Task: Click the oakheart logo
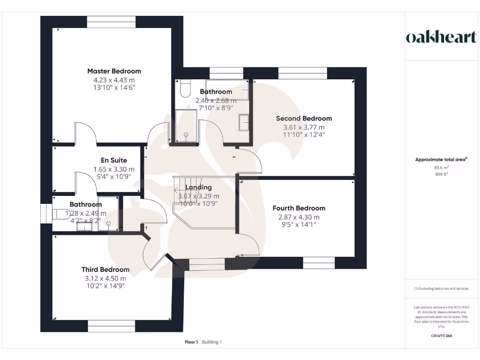[x=441, y=37]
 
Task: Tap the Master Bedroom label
[x=114, y=71]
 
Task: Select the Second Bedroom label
[x=304, y=119]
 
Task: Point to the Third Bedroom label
[x=105, y=270]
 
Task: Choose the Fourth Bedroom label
[x=299, y=208]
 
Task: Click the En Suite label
[x=114, y=160]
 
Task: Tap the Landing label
[x=198, y=187]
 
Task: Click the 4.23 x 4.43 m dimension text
[x=114, y=80]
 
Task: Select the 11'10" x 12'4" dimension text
[x=304, y=135]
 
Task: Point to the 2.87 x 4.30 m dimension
[x=299, y=217]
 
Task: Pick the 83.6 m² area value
[x=441, y=167]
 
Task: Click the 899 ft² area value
[x=441, y=174]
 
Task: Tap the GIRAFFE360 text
[x=441, y=336]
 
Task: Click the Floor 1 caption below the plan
[x=192, y=342]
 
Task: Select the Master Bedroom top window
[x=112, y=22]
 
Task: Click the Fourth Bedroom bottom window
[x=319, y=262]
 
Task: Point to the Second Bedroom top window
[x=302, y=73]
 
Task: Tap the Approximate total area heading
[x=441, y=160]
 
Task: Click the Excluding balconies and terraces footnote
[x=441, y=289]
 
